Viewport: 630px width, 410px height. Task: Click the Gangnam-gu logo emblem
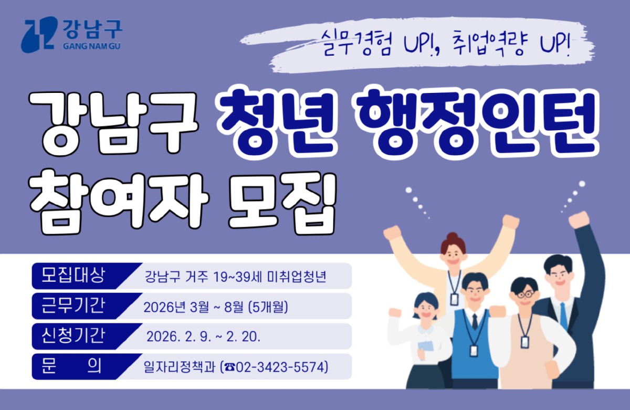(x=39, y=35)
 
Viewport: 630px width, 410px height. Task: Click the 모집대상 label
(x=73, y=275)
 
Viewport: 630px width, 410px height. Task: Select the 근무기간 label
(x=73, y=306)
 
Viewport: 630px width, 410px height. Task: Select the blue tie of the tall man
(x=563, y=315)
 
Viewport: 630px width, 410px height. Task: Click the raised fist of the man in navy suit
(x=579, y=219)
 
